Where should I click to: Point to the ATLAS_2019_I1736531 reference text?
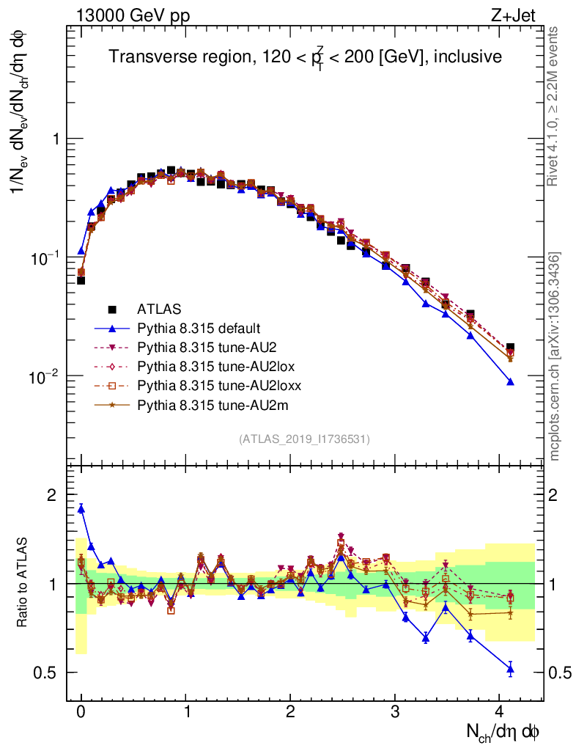pos(304,439)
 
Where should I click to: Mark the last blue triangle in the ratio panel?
pos(510,667)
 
